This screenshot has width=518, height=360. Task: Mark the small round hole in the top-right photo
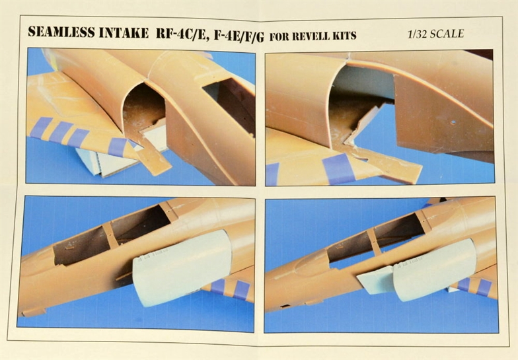pos(453,123)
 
